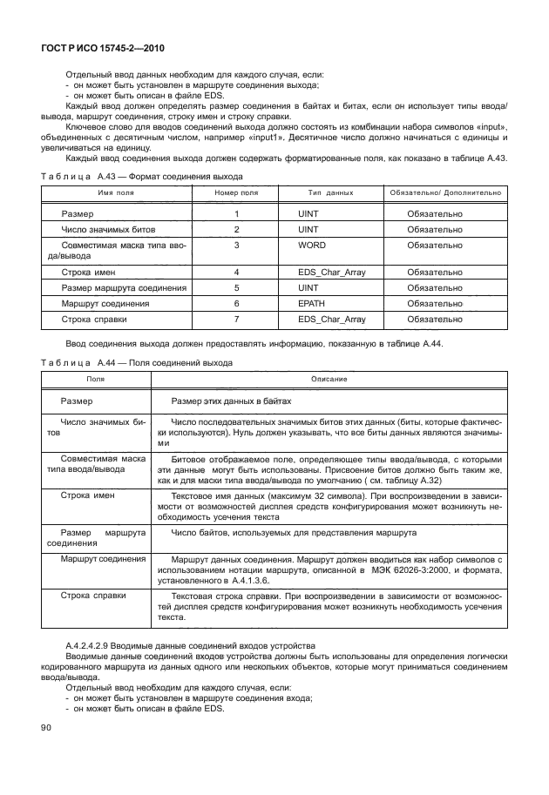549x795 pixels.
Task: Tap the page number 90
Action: click(44, 727)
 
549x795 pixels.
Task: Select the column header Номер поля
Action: click(236, 192)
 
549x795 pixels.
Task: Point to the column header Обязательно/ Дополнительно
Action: click(444, 192)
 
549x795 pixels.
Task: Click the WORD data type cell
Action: click(312, 245)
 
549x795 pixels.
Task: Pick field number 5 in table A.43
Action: click(236, 287)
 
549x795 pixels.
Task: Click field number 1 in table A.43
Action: click(236, 213)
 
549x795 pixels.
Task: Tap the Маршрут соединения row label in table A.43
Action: click(105, 303)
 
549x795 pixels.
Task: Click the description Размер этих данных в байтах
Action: click(231, 401)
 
